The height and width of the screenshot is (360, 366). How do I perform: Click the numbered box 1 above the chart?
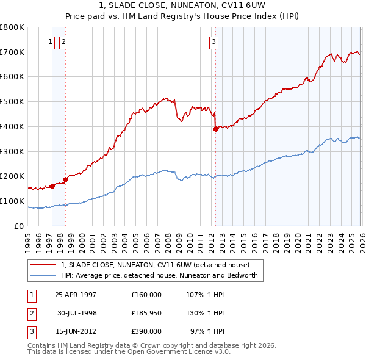coord(51,42)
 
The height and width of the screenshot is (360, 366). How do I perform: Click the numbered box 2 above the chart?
coord(64,42)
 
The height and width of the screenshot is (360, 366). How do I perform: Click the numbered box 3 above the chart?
coord(214,42)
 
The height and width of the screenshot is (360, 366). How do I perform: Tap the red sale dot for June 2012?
coord(215,129)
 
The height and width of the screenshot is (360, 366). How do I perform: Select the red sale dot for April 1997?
coord(52,186)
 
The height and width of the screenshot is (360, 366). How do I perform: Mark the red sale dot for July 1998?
coord(65,179)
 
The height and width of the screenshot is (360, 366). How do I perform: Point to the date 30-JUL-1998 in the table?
coord(77,313)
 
